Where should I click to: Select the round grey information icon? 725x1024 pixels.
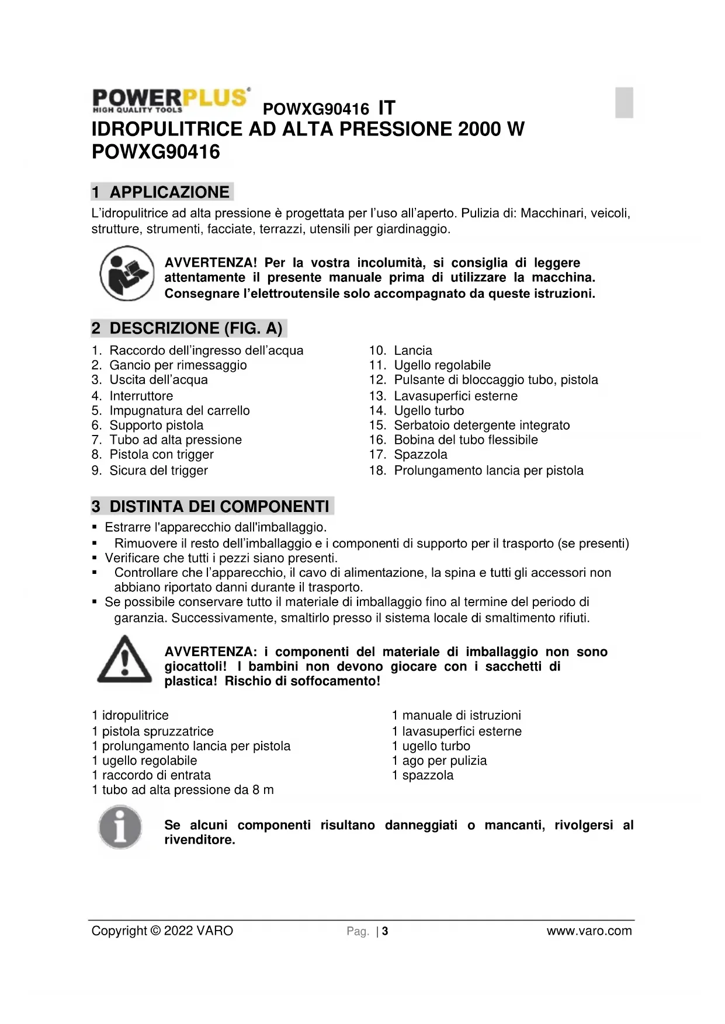click(120, 827)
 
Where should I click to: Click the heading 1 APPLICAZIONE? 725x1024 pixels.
click(162, 192)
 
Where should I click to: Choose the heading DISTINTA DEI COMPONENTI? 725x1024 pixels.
click(212, 506)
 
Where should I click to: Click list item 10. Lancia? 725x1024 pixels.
click(401, 350)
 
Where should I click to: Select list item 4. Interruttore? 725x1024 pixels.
click(132, 396)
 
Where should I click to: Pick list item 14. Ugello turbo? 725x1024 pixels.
click(416, 410)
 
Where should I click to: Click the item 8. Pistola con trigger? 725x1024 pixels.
click(152, 454)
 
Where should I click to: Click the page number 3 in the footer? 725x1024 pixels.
click(385, 931)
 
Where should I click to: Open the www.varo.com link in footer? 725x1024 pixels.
click(589, 931)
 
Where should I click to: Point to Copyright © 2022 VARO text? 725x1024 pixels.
click(162, 931)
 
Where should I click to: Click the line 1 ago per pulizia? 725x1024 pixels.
click(439, 760)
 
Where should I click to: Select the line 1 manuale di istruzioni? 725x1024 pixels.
click(456, 715)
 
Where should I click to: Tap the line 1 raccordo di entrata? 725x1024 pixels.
click(151, 775)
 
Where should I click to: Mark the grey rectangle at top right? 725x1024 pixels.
click(624, 102)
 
